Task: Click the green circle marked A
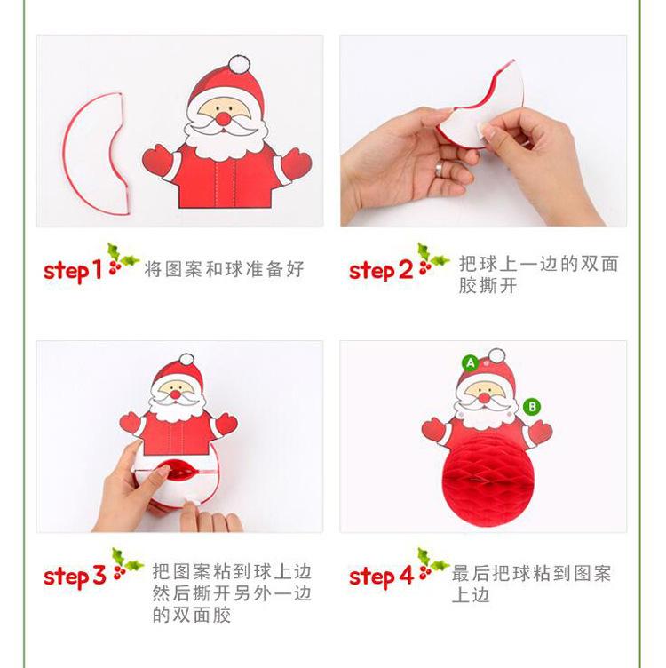pyautogui.click(x=470, y=363)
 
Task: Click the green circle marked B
pyautogui.click(x=532, y=407)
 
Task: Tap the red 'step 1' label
pyautogui.click(x=73, y=271)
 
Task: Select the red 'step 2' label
pyautogui.click(x=381, y=271)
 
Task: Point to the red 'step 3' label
pyautogui.click(x=75, y=576)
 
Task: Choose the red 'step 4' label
pyautogui.click(x=381, y=577)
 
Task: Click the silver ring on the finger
pyautogui.click(x=439, y=169)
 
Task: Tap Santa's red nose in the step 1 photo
pyautogui.click(x=223, y=118)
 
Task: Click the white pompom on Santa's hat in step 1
pyautogui.click(x=239, y=64)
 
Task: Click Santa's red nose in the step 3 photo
pyautogui.click(x=176, y=394)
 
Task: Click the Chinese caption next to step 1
pyautogui.click(x=224, y=269)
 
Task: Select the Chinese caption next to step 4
pyautogui.click(x=531, y=584)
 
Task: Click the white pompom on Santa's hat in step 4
pyautogui.click(x=496, y=356)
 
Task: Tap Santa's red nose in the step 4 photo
pyautogui.click(x=484, y=398)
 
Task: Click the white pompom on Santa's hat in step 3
pyautogui.click(x=186, y=360)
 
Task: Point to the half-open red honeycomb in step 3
pyautogui.click(x=178, y=473)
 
